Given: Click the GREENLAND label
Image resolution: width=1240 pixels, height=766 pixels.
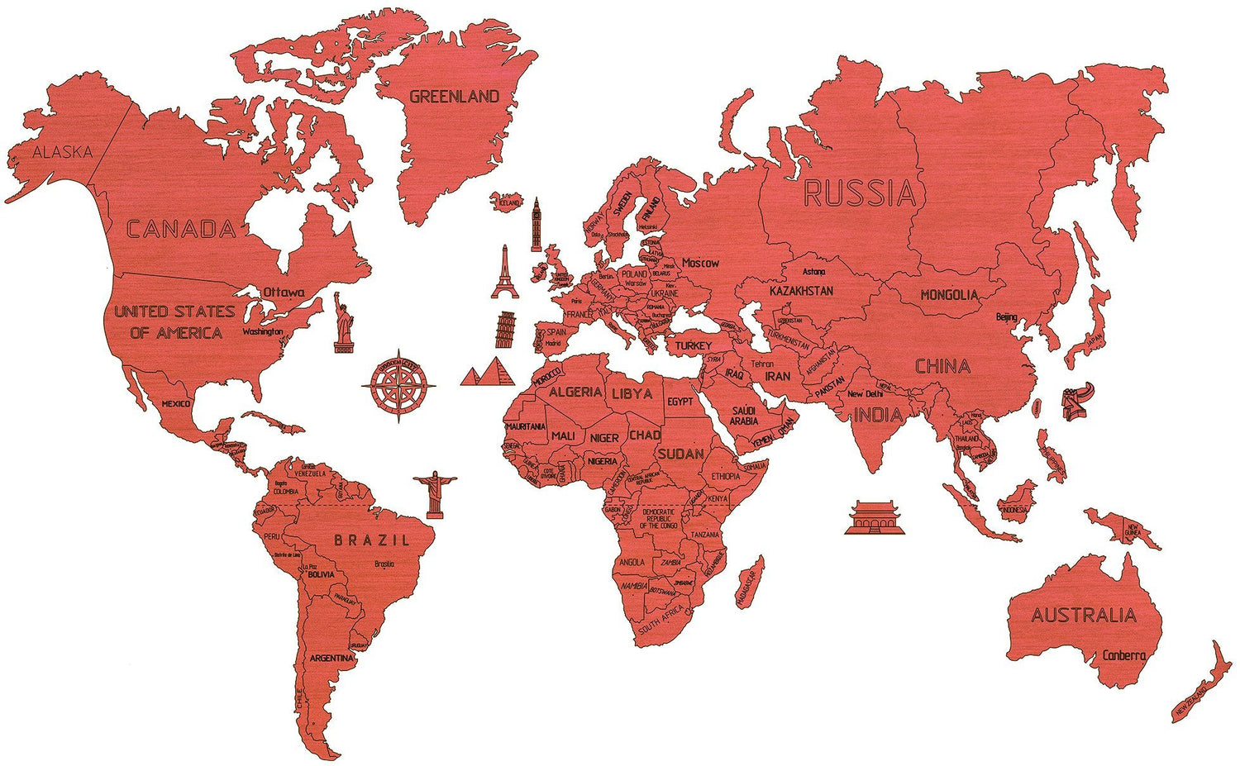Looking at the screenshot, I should (x=455, y=97).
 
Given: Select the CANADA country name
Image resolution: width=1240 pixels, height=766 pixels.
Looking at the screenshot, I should (x=181, y=229).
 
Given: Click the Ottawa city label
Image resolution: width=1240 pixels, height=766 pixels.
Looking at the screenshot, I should (x=284, y=293).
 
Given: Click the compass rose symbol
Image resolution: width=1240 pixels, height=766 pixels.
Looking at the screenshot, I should (x=400, y=384).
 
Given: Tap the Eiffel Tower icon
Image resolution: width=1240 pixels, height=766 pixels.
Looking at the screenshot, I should (x=504, y=273).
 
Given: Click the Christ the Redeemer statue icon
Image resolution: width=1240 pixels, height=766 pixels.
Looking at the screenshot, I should (x=434, y=494).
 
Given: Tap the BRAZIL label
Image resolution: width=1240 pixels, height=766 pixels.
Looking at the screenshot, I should (x=371, y=540).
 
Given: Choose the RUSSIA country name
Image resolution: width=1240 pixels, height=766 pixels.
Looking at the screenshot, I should (x=860, y=194).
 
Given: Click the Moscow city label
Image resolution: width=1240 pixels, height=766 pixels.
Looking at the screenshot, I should (x=700, y=263).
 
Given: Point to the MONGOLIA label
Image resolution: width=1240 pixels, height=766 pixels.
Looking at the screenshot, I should (x=949, y=295).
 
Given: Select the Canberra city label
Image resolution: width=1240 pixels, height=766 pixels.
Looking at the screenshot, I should (x=1124, y=655).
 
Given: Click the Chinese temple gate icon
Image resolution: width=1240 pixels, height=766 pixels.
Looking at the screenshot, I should (x=875, y=518).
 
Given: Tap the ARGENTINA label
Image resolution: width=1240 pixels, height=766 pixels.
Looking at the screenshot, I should (x=331, y=659).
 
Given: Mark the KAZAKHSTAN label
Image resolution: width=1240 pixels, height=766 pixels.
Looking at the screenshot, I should (x=801, y=291).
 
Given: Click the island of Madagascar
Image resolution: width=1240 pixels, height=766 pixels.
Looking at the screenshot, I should (x=750, y=583).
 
